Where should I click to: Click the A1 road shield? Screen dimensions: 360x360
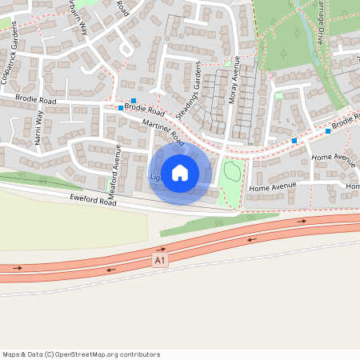[160, 260]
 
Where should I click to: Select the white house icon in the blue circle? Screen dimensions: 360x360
[180, 172]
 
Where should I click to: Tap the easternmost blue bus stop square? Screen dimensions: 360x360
[328, 131]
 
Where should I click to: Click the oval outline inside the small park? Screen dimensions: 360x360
[232, 170]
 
